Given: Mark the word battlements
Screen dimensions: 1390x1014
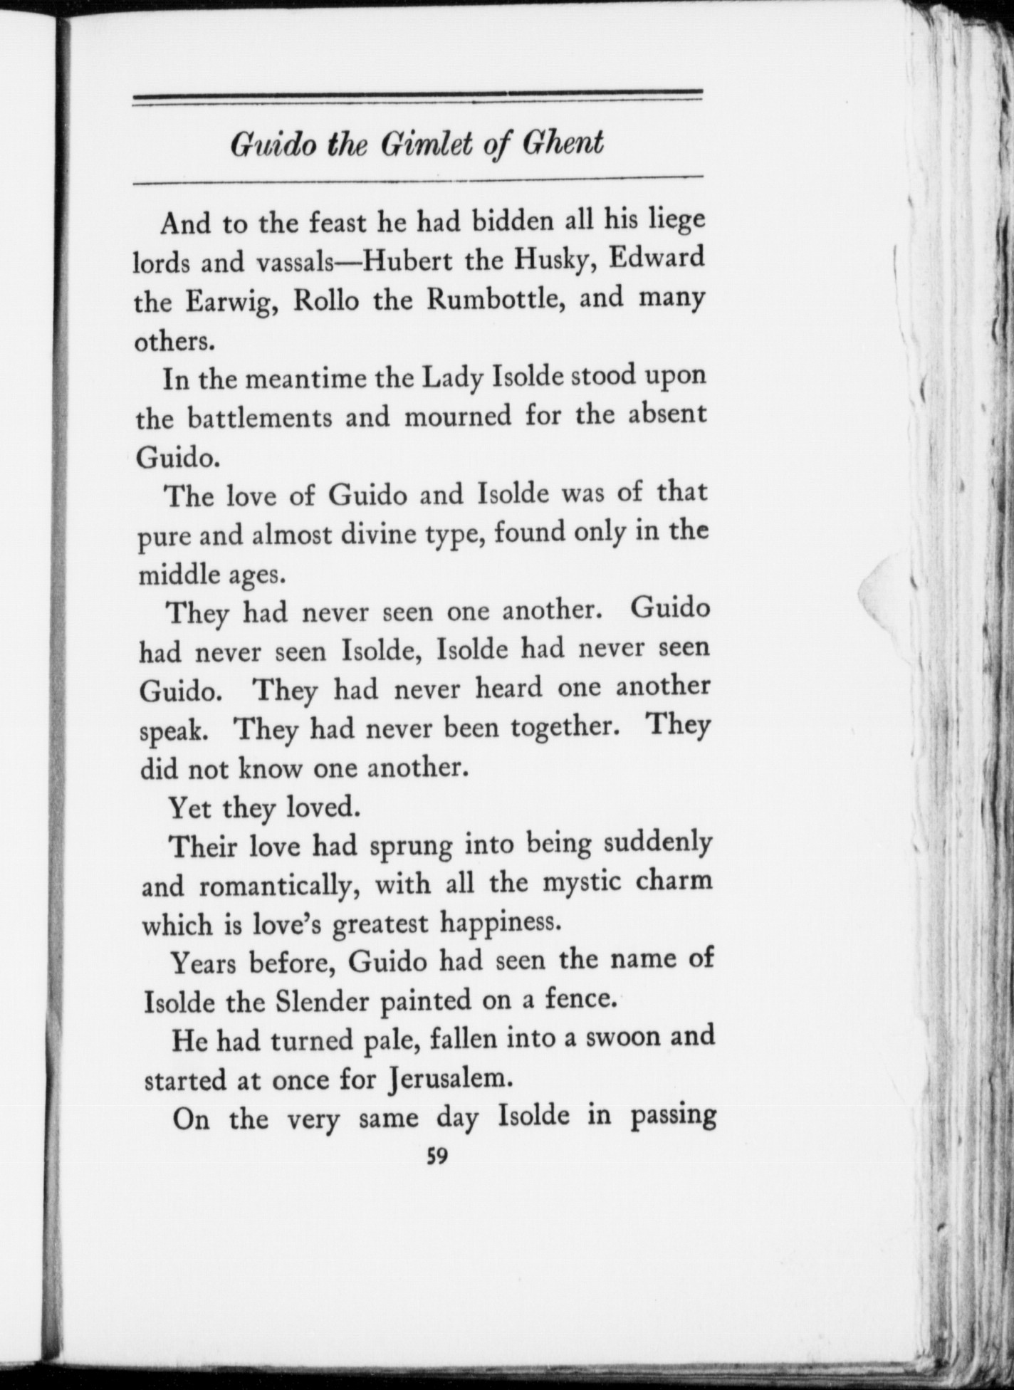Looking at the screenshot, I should click(x=261, y=418).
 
